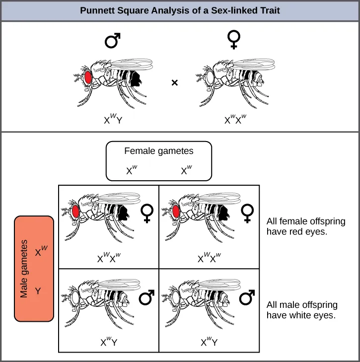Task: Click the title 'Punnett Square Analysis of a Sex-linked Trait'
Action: (x=180, y=10)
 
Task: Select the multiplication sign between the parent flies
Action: (x=174, y=83)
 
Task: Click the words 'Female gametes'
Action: (x=159, y=151)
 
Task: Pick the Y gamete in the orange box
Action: (x=38, y=291)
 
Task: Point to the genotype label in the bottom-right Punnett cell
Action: (x=209, y=342)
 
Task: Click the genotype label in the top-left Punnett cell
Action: (x=109, y=258)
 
